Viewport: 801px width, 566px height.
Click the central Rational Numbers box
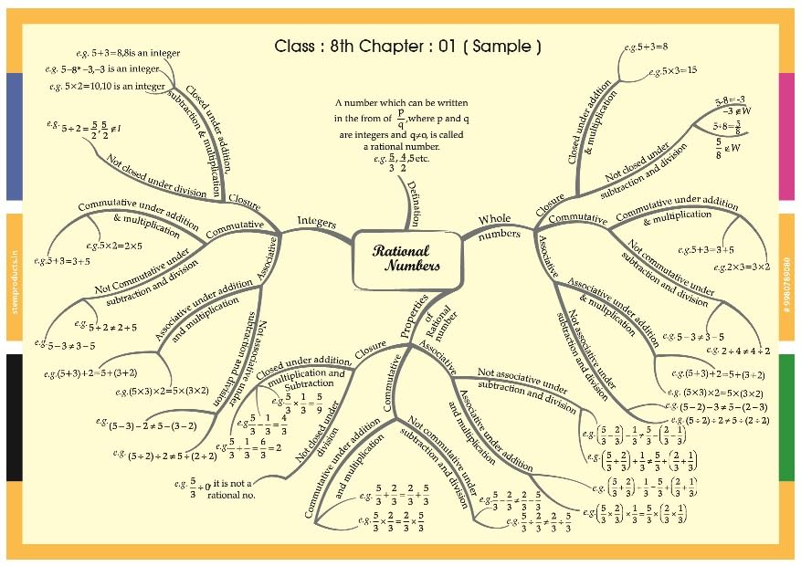click(x=399, y=259)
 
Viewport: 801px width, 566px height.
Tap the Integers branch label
click(x=317, y=221)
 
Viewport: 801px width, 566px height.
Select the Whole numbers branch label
click(x=499, y=225)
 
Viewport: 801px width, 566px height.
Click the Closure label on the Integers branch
click(x=244, y=200)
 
